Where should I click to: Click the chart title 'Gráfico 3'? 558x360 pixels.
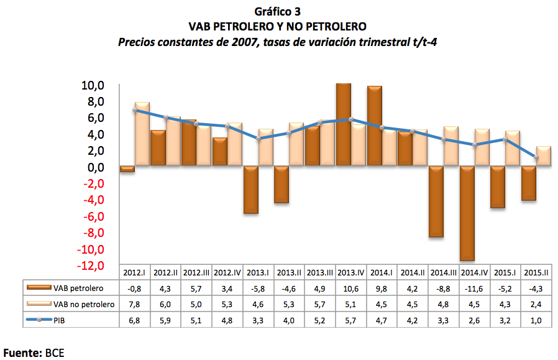coord(278,11)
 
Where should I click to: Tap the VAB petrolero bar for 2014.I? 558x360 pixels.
coord(375,126)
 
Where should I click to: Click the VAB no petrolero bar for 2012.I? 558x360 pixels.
coord(142,134)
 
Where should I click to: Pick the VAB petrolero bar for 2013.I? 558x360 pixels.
coord(251,190)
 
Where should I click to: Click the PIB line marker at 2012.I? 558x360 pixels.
coord(135,110)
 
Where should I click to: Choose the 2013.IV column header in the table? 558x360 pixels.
coord(351,273)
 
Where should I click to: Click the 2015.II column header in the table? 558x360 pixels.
coord(537,273)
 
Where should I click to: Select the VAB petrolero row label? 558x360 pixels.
coord(78,288)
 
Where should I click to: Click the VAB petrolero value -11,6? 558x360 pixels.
coord(475,288)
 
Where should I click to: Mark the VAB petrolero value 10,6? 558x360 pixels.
coord(351,288)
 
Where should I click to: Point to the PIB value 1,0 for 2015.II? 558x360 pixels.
coord(537,320)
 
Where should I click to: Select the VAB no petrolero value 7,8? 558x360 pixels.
coord(135,304)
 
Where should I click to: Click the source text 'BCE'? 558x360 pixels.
coord(55,352)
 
